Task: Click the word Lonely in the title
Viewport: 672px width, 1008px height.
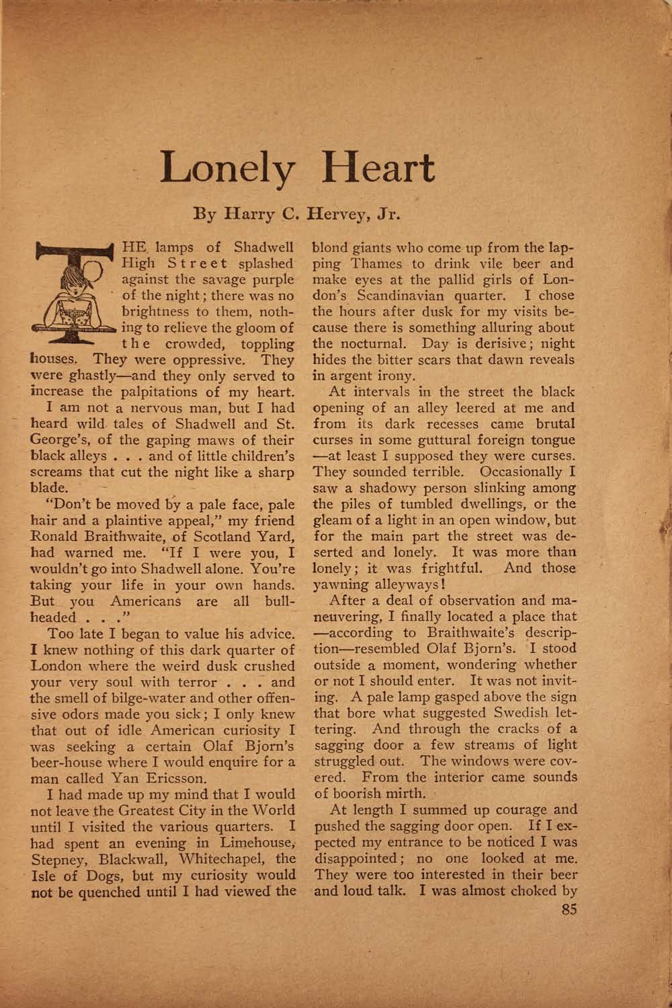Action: click(x=226, y=169)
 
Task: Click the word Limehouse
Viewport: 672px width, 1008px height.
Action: click(x=255, y=843)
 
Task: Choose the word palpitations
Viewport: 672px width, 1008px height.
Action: click(x=165, y=392)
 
